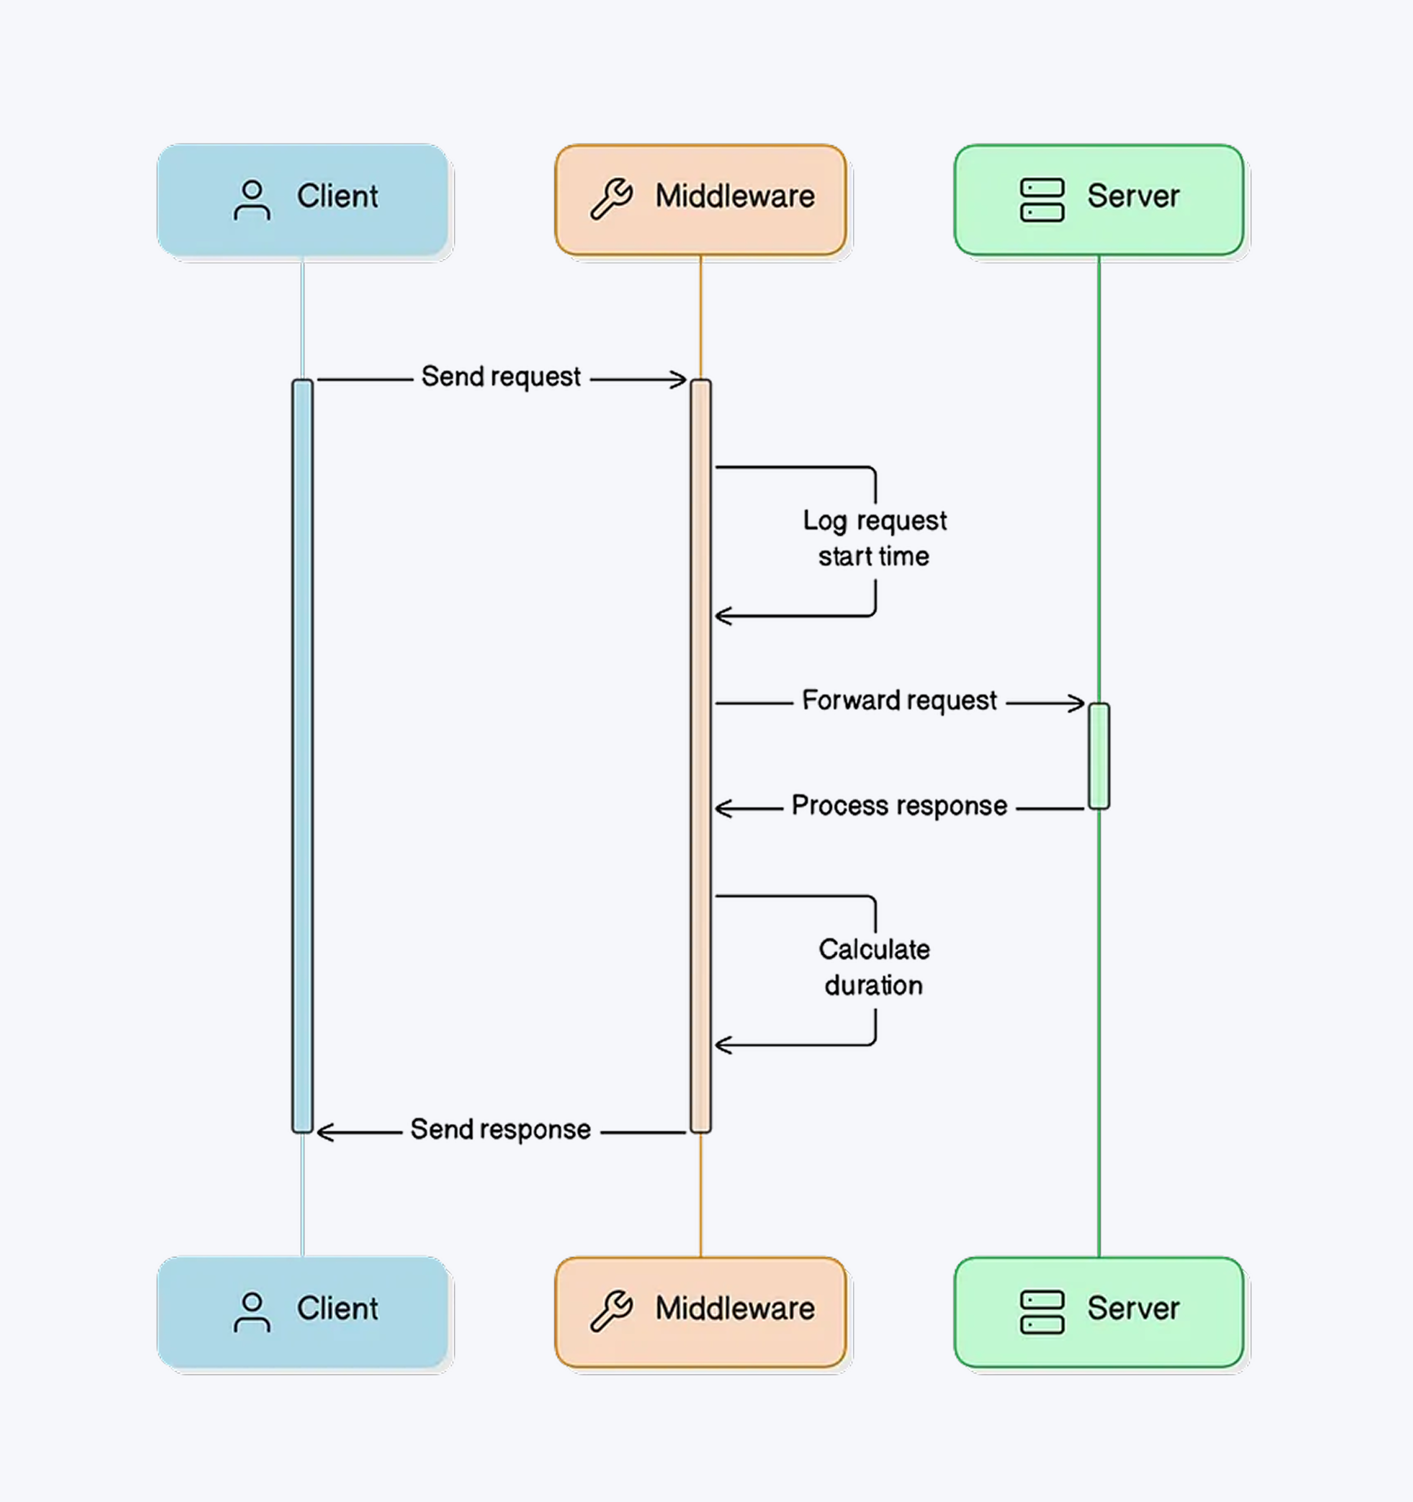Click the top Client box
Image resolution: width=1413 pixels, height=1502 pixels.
coord(302,200)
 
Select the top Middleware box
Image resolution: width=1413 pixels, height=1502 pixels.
coord(701,200)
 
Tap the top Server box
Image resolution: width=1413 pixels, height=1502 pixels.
coord(1099,200)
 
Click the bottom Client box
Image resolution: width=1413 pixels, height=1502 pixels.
coord(302,1312)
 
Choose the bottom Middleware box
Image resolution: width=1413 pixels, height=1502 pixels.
coord(701,1312)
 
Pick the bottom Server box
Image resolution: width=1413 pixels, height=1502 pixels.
coord(1099,1312)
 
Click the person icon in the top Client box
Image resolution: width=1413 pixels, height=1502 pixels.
coord(251,200)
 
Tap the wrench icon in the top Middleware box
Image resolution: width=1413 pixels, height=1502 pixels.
coord(611,200)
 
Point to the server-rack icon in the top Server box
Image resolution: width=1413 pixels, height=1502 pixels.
coord(1042,200)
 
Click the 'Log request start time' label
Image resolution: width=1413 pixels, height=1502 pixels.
coord(874,539)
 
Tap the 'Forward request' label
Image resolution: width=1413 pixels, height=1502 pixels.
coord(899,701)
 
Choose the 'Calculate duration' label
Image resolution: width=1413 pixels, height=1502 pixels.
coord(874,968)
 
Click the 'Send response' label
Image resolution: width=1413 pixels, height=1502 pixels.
coord(500,1129)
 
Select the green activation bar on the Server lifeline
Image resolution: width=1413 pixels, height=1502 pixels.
coord(1099,756)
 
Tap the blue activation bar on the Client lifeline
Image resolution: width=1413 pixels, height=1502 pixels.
coord(302,756)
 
